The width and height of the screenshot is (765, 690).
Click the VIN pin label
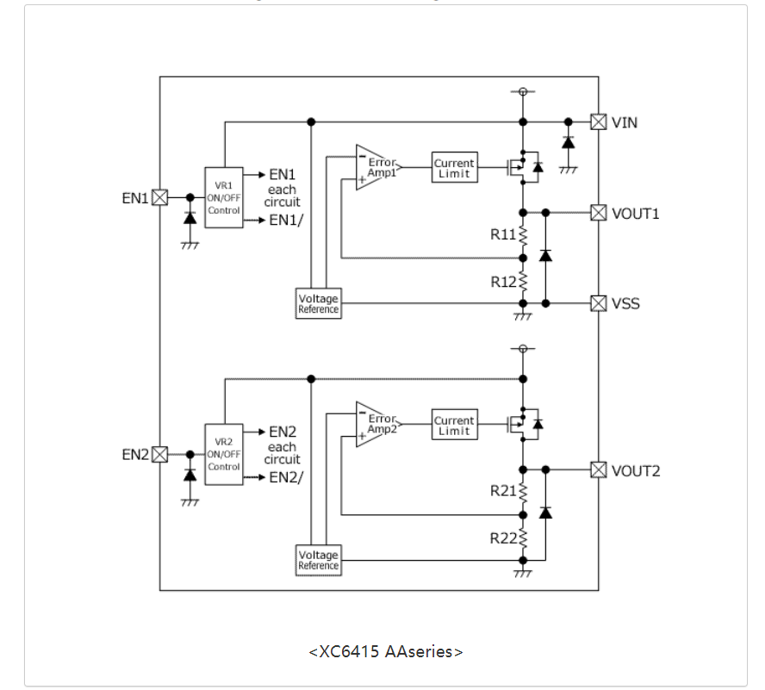625,122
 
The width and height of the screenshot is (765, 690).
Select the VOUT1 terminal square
598,212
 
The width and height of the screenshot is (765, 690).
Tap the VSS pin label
625,303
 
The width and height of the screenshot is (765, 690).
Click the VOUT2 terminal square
598,469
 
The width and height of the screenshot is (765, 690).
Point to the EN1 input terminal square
159,197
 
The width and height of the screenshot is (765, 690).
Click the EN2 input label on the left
135,454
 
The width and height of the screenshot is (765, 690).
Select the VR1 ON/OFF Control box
223,197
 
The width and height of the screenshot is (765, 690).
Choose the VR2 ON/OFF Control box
223,454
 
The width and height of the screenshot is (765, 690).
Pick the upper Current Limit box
454,167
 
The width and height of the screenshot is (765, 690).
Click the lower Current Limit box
454,425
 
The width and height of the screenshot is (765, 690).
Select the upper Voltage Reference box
318,303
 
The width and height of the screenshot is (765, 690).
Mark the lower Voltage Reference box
318,560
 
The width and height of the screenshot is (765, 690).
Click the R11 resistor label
503,234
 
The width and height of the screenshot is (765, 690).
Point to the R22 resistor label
503,538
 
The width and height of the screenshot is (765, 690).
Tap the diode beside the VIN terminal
568,142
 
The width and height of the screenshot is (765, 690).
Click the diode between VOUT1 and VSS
544,256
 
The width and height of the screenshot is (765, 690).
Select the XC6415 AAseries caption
385,651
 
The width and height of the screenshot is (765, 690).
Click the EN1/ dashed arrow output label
286,221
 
